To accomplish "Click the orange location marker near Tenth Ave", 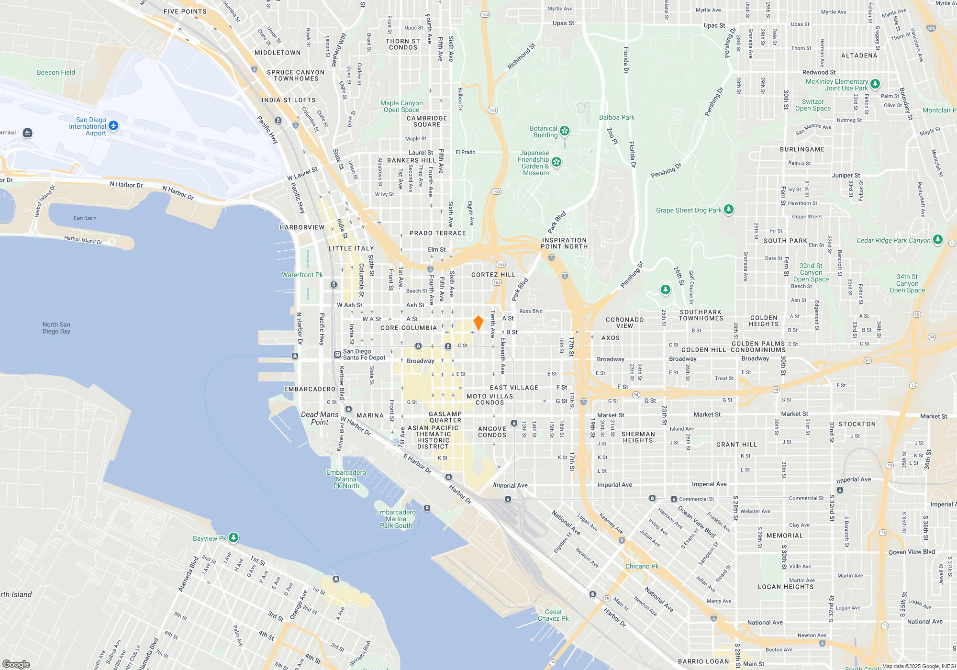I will click(x=478, y=323).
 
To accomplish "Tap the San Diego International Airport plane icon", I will click(x=113, y=126).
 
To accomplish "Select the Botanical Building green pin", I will click(x=565, y=131).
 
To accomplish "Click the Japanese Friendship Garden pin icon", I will click(x=556, y=162).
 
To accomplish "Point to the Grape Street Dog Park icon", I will click(x=729, y=209).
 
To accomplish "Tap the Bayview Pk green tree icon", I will click(x=234, y=537).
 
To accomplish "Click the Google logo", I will click(x=16, y=664).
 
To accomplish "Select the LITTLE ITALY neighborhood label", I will click(x=351, y=248).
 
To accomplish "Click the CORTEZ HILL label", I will click(x=493, y=275).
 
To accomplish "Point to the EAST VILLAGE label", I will click(x=514, y=388).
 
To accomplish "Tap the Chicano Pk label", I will click(x=642, y=566).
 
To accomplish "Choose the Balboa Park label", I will click(x=617, y=117).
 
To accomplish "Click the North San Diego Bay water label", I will click(x=56, y=328).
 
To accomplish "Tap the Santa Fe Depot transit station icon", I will click(x=337, y=355).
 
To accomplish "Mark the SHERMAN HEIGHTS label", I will click(x=638, y=437).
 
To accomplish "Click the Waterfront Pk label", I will click(x=302, y=275).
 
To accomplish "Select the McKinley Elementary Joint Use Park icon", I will click(x=875, y=84).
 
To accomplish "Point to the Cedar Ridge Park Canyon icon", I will click(x=938, y=239).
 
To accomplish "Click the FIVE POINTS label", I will click(x=185, y=11).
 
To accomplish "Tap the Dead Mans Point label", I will click(x=320, y=418).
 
